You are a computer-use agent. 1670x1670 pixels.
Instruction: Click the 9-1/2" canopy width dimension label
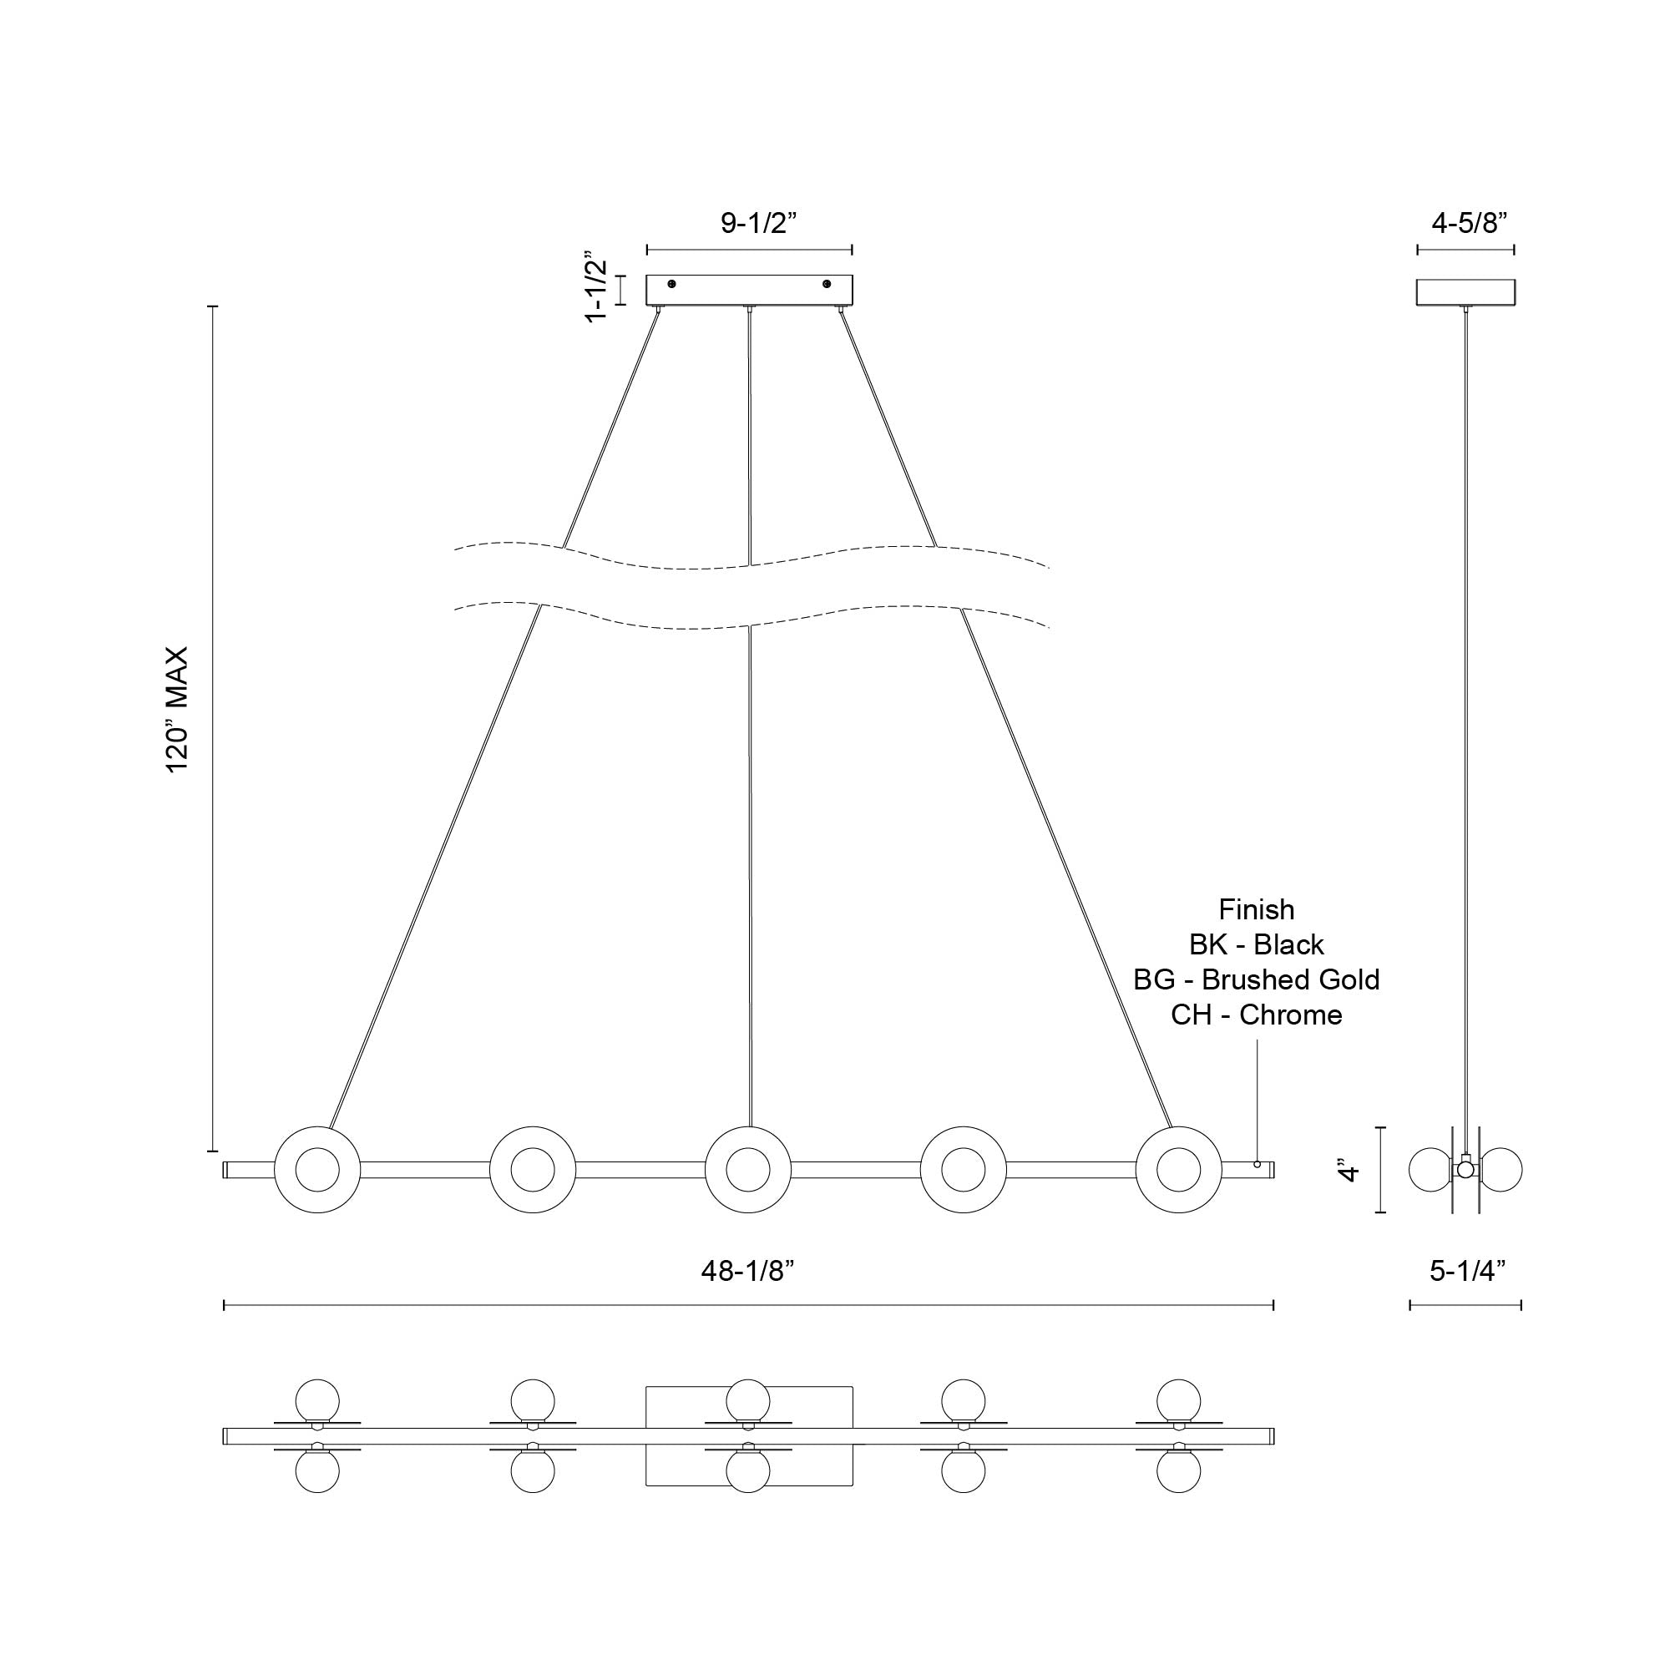click(757, 224)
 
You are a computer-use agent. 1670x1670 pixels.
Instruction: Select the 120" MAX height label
click(177, 710)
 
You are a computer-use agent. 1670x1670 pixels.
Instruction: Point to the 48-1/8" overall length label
click(747, 1271)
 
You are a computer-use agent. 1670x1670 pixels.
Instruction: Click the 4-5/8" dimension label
click(1470, 224)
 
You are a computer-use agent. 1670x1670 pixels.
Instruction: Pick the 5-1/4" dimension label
click(1468, 1271)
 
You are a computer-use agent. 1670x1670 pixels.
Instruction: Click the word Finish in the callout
click(1256, 909)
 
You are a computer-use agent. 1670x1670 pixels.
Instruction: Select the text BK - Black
click(1256, 944)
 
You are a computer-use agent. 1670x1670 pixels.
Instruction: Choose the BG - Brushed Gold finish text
click(1256, 979)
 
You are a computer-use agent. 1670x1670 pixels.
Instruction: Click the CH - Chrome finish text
click(1256, 1015)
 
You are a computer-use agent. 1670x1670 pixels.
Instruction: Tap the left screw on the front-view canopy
click(671, 285)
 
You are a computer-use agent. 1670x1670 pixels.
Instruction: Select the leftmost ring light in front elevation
click(317, 1170)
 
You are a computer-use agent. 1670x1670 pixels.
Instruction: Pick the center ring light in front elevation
click(747, 1170)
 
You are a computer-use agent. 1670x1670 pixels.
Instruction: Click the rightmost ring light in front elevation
click(1178, 1170)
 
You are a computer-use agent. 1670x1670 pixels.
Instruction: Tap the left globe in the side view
click(1430, 1170)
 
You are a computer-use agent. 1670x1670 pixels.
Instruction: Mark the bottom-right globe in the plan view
click(1178, 1471)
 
